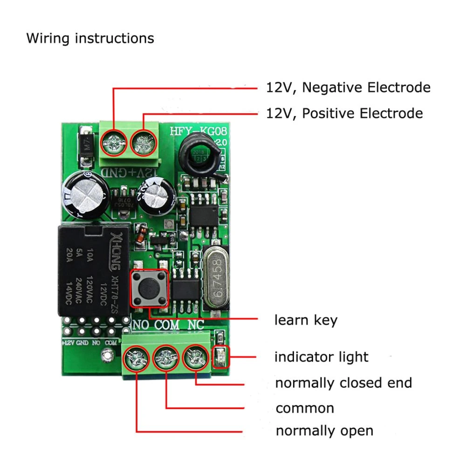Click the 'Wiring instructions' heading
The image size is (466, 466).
coord(90,38)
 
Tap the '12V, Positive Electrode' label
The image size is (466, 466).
coord(344,113)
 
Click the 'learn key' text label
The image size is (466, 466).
coord(306,320)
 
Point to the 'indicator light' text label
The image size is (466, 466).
coord(321,357)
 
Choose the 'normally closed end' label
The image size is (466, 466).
coord(343,383)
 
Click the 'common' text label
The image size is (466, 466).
coord(305,409)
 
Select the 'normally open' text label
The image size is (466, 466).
coord(324,431)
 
